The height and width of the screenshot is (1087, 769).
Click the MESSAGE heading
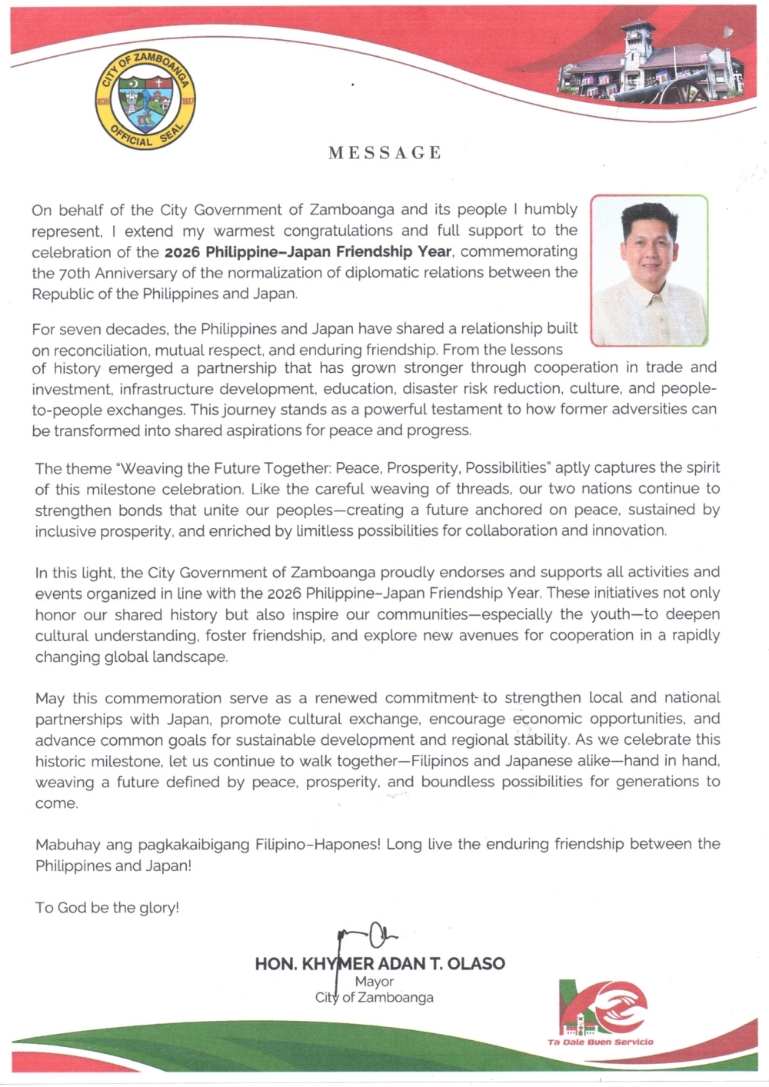[384, 153]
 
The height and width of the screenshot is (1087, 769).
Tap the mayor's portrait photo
[649, 270]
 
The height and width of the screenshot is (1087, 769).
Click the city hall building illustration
[651, 63]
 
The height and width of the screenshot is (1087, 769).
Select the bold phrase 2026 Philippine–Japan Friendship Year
[309, 252]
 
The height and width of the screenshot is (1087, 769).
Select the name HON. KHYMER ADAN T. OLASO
[380, 963]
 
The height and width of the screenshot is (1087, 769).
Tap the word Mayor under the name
[375, 982]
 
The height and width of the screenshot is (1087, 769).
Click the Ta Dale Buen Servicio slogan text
[601, 1042]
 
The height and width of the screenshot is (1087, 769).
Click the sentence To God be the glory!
[107, 908]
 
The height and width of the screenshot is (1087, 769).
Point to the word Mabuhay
[68, 845]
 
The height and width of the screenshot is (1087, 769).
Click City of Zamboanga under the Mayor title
[375, 998]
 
